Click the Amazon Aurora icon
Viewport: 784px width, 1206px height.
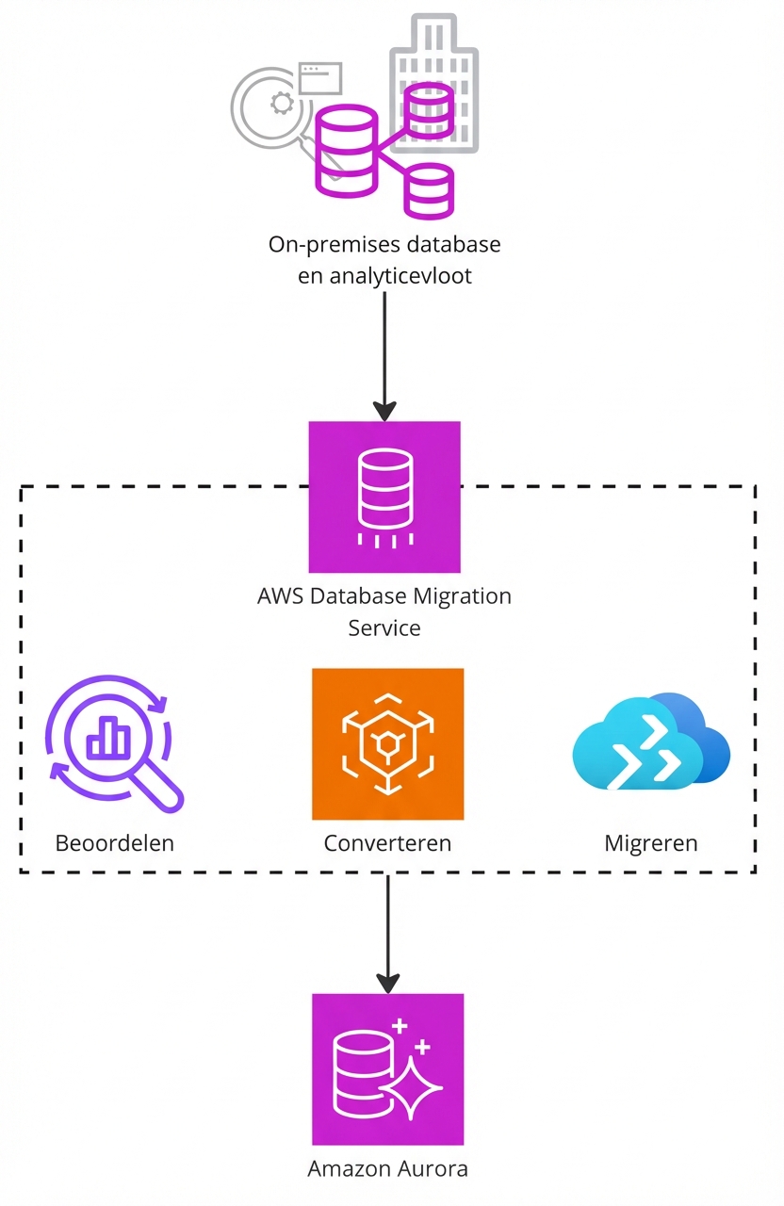(387, 1068)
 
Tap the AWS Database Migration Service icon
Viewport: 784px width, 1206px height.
(384, 497)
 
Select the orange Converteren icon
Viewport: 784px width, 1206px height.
(387, 744)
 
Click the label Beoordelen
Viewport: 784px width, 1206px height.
(115, 842)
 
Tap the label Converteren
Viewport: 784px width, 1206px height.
(387, 842)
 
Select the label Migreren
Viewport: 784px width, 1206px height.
(651, 842)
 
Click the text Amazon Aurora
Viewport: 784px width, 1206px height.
(387, 1169)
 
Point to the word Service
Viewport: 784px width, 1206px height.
(384, 627)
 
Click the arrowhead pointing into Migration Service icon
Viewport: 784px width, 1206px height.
(384, 411)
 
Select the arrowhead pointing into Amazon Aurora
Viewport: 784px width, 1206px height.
(387, 981)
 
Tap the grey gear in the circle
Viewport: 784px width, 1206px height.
(280, 103)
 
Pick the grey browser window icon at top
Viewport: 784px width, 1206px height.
(319, 77)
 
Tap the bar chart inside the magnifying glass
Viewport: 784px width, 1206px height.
(108, 737)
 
